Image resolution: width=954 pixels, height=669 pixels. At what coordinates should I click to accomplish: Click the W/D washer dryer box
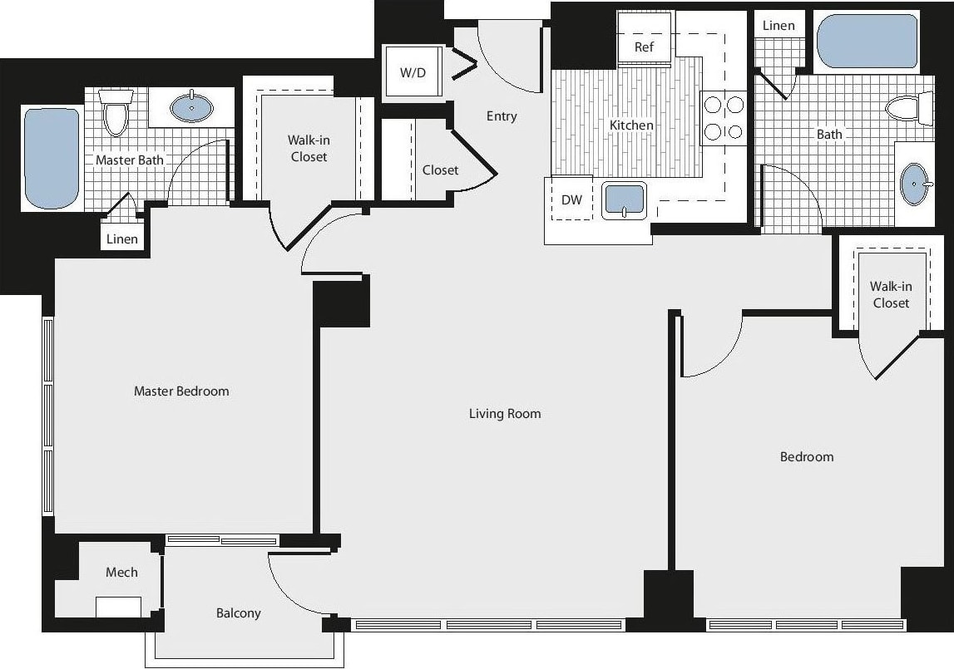coord(413,72)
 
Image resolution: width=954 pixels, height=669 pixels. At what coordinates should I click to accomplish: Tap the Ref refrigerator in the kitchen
coord(644,47)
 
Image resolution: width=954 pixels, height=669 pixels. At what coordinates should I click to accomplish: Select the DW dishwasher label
coord(571,200)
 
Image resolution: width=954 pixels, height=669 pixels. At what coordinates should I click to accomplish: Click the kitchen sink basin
coord(624,200)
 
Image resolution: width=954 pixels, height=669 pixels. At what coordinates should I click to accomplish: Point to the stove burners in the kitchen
coord(724,117)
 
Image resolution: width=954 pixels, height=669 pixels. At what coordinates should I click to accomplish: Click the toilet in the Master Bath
coord(116,113)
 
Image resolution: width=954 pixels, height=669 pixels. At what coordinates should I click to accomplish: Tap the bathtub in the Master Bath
coord(52,158)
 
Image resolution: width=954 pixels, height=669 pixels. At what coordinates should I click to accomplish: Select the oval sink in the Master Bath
coord(191,107)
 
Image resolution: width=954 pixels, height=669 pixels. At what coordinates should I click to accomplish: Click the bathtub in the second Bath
coord(867,41)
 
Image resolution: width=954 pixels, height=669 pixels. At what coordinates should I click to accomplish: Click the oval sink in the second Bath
coord(915,184)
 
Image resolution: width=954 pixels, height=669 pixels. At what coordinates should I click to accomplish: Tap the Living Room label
coord(505,413)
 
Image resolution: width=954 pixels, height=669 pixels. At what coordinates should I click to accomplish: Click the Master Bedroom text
coord(181,391)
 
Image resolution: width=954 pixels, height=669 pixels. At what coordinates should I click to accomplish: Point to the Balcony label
coord(239,613)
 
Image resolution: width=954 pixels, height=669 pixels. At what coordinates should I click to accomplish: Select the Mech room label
coord(121,572)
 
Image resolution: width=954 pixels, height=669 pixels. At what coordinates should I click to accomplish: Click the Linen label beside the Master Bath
coord(122,239)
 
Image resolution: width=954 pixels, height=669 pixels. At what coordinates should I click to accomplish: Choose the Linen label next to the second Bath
coord(779,26)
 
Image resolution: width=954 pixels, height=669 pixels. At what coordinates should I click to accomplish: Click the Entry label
coord(502,116)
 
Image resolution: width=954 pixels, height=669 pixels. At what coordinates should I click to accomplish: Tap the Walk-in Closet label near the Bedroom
coord(891,295)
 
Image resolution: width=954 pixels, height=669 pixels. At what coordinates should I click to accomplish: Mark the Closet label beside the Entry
coord(440,170)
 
